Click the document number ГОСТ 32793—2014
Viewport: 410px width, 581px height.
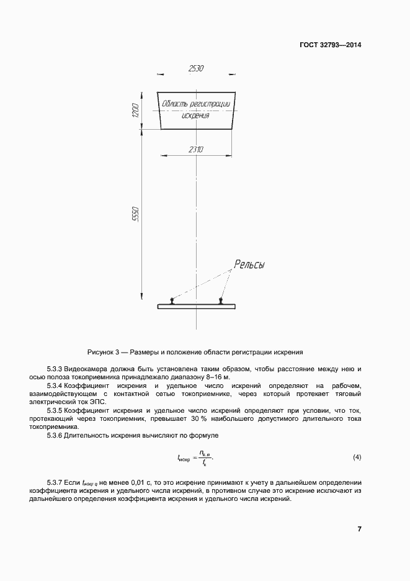[330, 45]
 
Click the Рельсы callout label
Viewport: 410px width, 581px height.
[249, 265]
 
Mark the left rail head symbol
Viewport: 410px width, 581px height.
[172, 301]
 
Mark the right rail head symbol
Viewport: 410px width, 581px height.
[221, 301]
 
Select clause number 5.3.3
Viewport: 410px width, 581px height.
[55, 369]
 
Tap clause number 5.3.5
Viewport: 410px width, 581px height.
[55, 410]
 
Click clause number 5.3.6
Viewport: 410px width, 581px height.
[55, 435]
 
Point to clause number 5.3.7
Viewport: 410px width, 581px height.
[55, 482]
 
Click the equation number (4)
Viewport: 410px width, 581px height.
[357, 457]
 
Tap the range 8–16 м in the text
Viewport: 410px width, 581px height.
[216, 377]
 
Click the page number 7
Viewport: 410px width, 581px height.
[359, 529]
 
